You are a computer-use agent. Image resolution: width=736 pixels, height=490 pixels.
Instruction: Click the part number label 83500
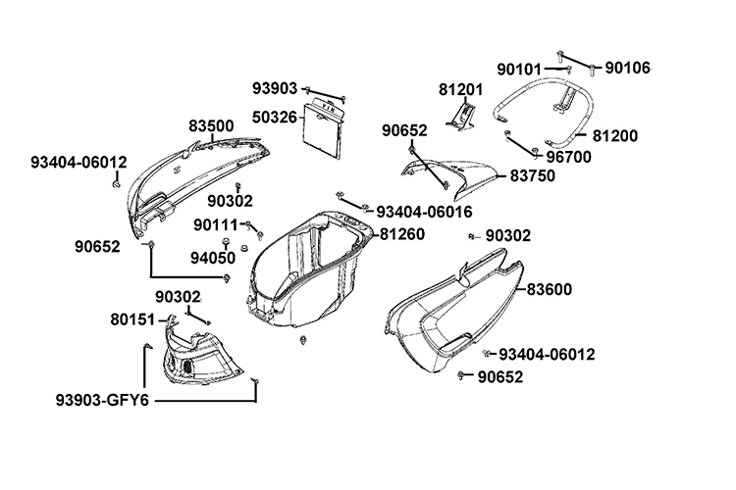pos(211,126)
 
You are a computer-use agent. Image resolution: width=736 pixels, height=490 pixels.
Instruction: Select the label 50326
pos(274,117)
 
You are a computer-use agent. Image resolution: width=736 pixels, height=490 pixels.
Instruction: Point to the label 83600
pos(550,290)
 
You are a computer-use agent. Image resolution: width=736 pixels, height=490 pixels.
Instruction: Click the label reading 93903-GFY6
pos(102,401)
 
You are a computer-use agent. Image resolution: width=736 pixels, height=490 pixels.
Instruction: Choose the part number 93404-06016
pos(425,211)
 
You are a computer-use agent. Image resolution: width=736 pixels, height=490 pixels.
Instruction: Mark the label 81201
pos(461,89)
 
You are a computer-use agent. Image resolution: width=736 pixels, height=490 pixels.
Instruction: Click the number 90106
pos(627,68)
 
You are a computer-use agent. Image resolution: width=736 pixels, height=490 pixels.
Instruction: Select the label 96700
pos(567,155)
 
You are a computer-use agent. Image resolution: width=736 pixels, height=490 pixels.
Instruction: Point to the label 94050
pos(213,258)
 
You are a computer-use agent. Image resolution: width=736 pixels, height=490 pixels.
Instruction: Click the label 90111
pos(216,224)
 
